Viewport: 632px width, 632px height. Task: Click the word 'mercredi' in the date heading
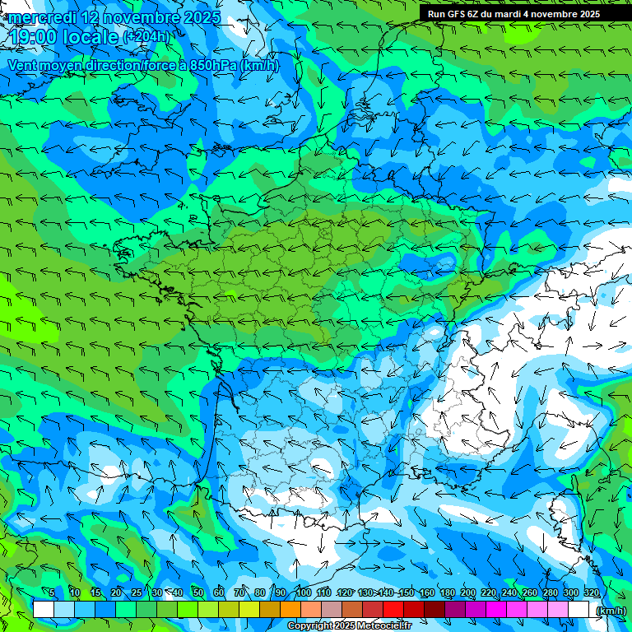tap(40, 17)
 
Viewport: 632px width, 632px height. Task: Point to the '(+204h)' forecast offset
tap(147, 37)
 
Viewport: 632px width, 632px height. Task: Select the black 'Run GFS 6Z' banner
tap(525, 13)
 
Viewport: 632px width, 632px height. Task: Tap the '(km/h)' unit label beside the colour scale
tap(611, 610)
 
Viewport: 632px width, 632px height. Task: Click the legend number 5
tap(52, 593)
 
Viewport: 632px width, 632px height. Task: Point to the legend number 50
tap(197, 593)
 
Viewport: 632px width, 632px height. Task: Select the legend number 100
tap(304, 593)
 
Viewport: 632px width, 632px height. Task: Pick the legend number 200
tap(468, 593)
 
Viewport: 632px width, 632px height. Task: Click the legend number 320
tap(592, 593)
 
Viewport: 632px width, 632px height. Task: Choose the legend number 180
tap(448, 593)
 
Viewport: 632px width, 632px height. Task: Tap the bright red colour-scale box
tap(393, 609)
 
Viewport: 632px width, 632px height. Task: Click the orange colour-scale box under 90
tap(290, 609)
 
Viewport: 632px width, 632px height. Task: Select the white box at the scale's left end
tap(44, 609)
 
